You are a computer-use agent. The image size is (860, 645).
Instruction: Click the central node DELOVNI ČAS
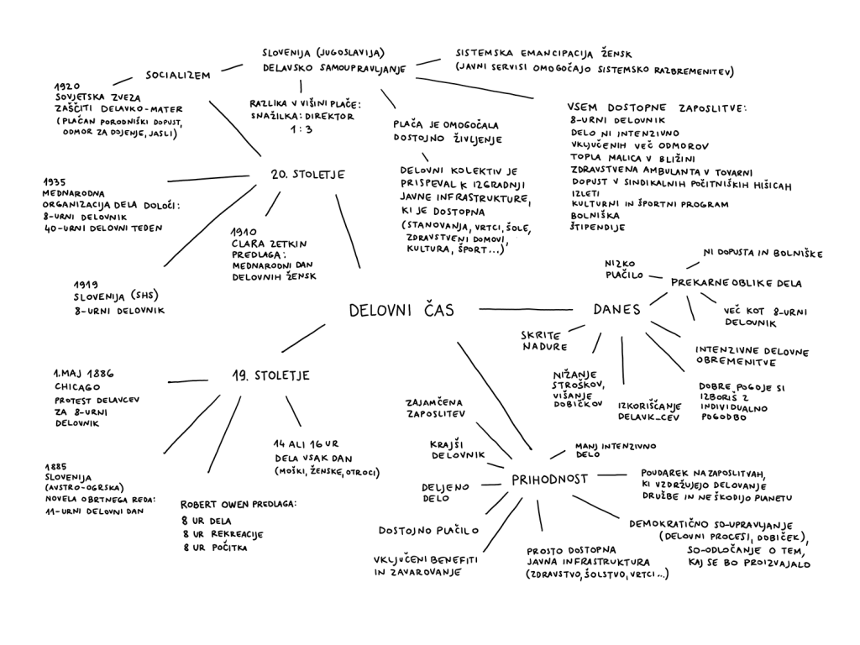pyautogui.click(x=401, y=310)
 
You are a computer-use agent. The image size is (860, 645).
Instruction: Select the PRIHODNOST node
pyautogui.click(x=548, y=480)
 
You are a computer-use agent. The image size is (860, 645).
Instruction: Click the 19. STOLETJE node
pyautogui.click(x=270, y=375)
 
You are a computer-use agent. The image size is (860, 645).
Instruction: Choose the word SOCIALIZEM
pyautogui.click(x=177, y=75)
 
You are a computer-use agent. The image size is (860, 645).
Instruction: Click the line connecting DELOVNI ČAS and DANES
pyautogui.click(x=525, y=308)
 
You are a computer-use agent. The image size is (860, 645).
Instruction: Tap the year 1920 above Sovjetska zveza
pyautogui.click(x=66, y=86)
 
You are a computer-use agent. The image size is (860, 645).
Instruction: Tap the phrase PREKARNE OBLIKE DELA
pyautogui.click(x=737, y=283)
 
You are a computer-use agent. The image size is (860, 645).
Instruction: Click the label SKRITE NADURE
pyautogui.click(x=543, y=339)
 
